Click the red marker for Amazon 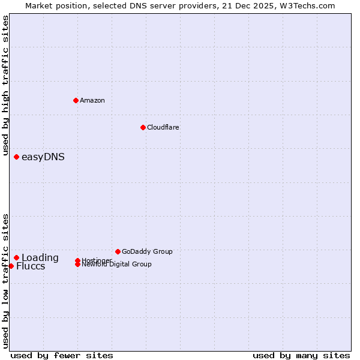(x=76, y=100)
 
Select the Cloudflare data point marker (x=143, y=127)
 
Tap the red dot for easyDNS (x=16, y=157)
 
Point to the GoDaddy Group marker (x=118, y=251)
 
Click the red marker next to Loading (x=16, y=257)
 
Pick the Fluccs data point (x=11, y=266)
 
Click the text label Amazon (x=92, y=100)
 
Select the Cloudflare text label (x=163, y=127)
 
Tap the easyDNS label (x=43, y=157)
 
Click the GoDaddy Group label (x=147, y=251)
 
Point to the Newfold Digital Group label (x=116, y=265)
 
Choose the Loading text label (x=40, y=258)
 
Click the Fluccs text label (x=31, y=266)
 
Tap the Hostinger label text (x=96, y=260)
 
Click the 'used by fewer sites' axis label (x=62, y=355)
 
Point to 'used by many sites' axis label (x=301, y=355)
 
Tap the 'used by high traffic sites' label (x=5, y=85)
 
